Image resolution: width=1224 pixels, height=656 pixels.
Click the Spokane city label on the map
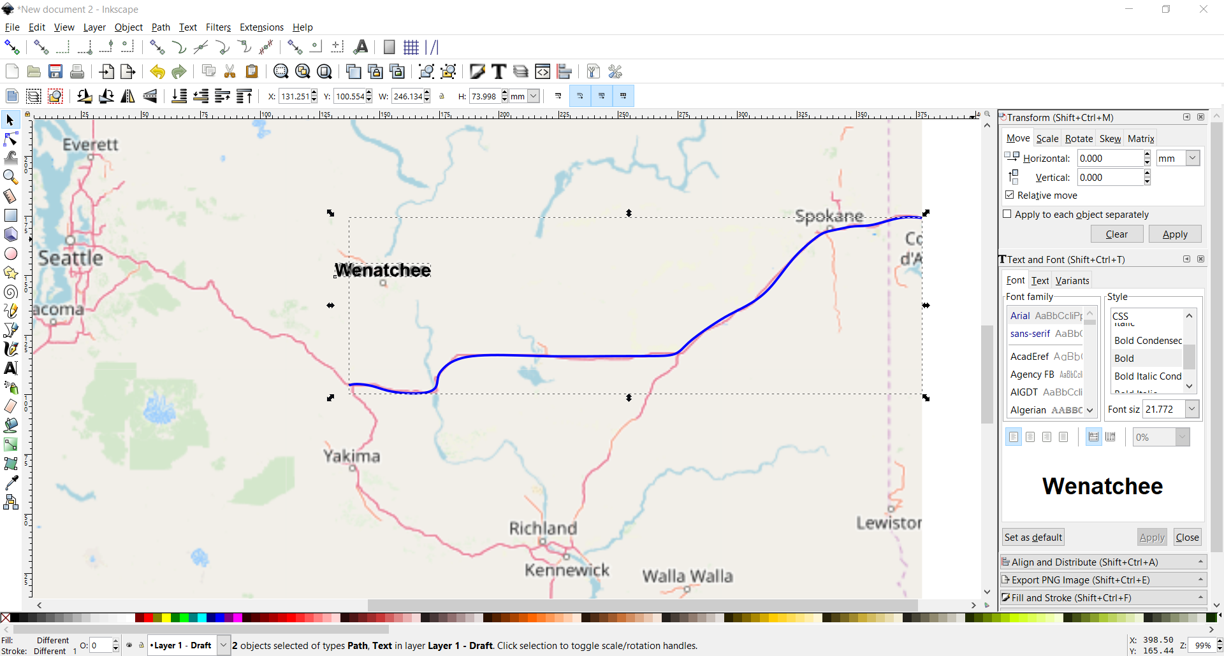coord(829,216)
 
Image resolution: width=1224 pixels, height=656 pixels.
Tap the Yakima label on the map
coord(351,456)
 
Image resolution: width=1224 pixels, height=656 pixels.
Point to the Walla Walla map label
coord(687,576)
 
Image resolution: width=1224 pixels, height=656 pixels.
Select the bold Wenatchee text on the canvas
coord(382,270)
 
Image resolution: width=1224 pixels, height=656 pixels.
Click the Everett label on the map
coord(90,145)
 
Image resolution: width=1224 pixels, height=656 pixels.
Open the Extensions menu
coord(261,27)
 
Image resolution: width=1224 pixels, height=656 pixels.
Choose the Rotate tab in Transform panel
coord(1079,139)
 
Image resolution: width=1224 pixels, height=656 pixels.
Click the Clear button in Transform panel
coord(1116,234)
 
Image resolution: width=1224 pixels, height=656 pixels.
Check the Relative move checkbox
coord(1010,195)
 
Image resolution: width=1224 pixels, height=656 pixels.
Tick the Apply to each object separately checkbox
coord(1007,214)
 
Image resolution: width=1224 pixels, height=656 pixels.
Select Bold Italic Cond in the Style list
coord(1147,376)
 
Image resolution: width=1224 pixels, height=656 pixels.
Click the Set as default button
coord(1033,538)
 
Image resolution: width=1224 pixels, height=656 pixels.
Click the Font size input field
coord(1163,410)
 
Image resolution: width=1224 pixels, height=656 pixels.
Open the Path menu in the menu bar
coord(161,27)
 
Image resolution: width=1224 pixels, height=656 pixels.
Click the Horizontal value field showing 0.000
coord(1109,159)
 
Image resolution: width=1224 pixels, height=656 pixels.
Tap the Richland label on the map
coord(543,528)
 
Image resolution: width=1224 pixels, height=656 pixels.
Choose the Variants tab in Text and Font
coord(1072,281)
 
